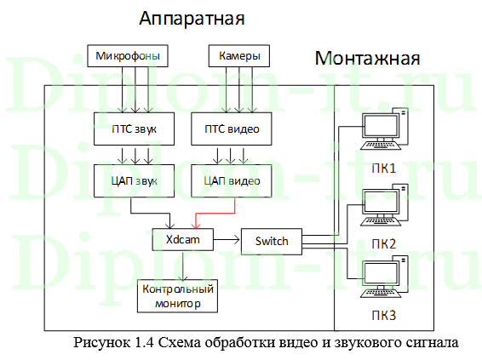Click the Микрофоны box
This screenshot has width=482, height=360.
click(126, 58)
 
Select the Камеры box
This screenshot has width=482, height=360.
click(234, 58)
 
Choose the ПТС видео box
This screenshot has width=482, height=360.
click(232, 129)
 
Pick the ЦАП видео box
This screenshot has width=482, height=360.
click(232, 180)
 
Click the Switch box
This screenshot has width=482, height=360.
click(271, 241)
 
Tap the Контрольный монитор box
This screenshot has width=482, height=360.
click(175, 295)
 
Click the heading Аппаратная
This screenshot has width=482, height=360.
click(191, 19)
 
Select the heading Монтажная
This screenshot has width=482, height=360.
click(367, 59)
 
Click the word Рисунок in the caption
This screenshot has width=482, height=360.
click(104, 344)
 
